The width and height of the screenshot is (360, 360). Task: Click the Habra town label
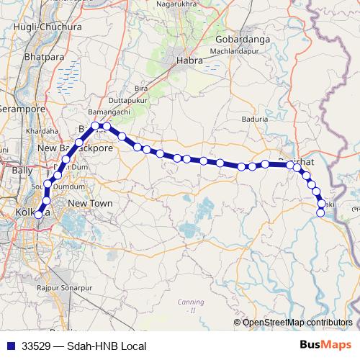pos(190,62)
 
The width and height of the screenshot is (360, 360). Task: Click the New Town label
pos(90,204)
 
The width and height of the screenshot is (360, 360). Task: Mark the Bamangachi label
pos(108,114)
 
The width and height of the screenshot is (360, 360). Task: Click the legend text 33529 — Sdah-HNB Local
pos(84,346)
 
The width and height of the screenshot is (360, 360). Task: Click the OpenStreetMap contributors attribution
pos(297,322)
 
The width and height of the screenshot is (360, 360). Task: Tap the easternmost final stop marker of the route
pos(320,212)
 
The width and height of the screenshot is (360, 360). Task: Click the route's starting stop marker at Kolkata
pos(39,215)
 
